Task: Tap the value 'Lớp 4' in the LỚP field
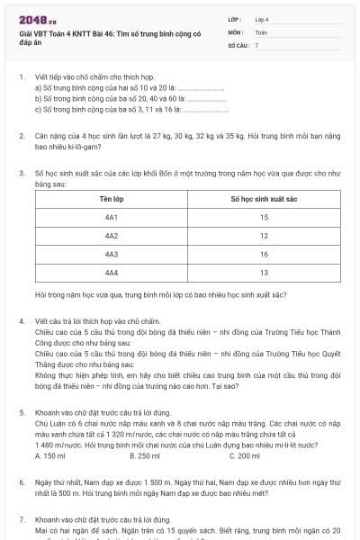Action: pyautogui.click(x=262, y=18)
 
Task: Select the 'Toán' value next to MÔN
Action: pyautogui.click(x=262, y=31)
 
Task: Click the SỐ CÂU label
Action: pyautogui.click(x=237, y=44)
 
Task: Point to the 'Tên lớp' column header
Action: pyautogui.click(x=112, y=198)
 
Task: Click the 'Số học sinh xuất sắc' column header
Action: pyautogui.click(x=264, y=198)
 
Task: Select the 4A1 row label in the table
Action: pyautogui.click(x=112, y=217)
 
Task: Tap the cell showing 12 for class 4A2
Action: pyautogui.click(x=264, y=236)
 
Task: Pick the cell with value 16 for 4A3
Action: pyautogui.click(x=264, y=254)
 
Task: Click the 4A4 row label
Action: pyautogui.click(x=112, y=272)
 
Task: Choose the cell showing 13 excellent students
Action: pyautogui.click(x=264, y=272)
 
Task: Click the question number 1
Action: pyautogui.click(x=21, y=77)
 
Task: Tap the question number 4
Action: pyautogui.click(x=21, y=320)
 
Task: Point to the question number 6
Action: pyautogui.click(x=21, y=482)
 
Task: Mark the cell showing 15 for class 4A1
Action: pyautogui.click(x=264, y=217)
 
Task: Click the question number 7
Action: pyautogui.click(x=21, y=519)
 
